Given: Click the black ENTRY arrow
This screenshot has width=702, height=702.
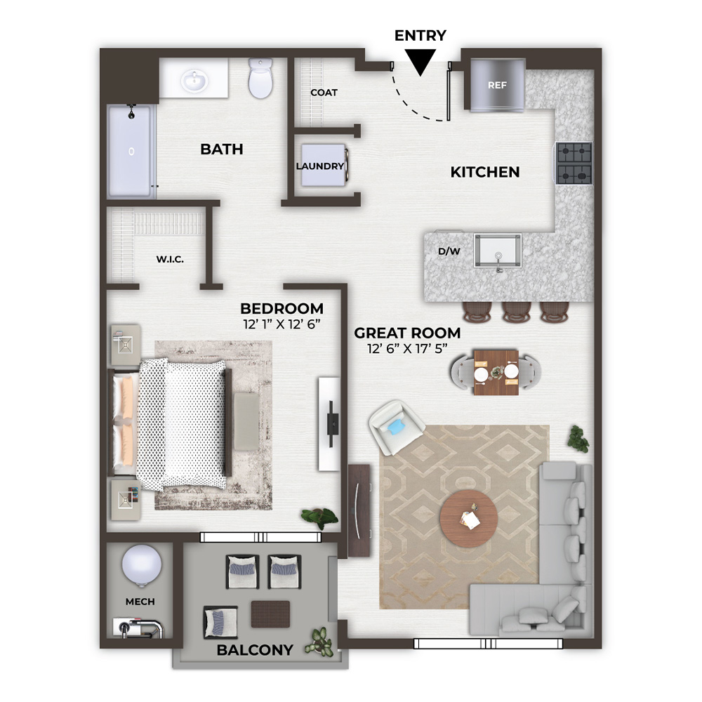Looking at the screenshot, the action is pos(420,62).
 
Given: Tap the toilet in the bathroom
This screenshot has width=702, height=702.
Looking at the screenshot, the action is pos(260,78).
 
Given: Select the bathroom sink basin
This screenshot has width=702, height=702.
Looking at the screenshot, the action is pos(194,81).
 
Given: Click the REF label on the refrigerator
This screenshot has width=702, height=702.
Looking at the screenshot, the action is pos(498,85).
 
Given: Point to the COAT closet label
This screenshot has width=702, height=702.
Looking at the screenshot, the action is pos(324,93).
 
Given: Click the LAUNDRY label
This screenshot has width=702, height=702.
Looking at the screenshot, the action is pos(319,166).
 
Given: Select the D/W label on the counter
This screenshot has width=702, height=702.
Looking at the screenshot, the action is pos(449,251).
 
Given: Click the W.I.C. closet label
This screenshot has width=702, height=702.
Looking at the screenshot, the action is pos(170,259).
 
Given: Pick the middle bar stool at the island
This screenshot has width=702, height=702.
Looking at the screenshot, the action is pos(516,311).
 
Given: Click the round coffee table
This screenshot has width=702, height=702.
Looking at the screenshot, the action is pos(469,519).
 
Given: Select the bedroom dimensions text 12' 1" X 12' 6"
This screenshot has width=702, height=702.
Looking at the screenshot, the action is pos(282,324).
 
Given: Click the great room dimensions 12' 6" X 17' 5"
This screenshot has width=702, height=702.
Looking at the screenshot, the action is pos(407,348).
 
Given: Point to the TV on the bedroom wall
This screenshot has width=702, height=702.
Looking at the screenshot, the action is pos(332,424).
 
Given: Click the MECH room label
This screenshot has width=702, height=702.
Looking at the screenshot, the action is pos(140,602).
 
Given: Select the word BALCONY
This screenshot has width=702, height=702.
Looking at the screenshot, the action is pos(255,650).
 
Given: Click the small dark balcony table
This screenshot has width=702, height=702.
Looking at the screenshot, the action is pos(270,614).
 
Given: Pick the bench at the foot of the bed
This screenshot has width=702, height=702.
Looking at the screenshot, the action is pos(246,421).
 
